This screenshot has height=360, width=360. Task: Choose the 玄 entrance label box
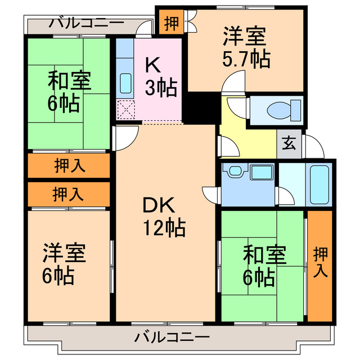289,143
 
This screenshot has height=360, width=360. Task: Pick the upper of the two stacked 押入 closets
69,166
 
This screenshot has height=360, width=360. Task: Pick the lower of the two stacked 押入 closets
69,195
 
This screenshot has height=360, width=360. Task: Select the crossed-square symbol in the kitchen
124,109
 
